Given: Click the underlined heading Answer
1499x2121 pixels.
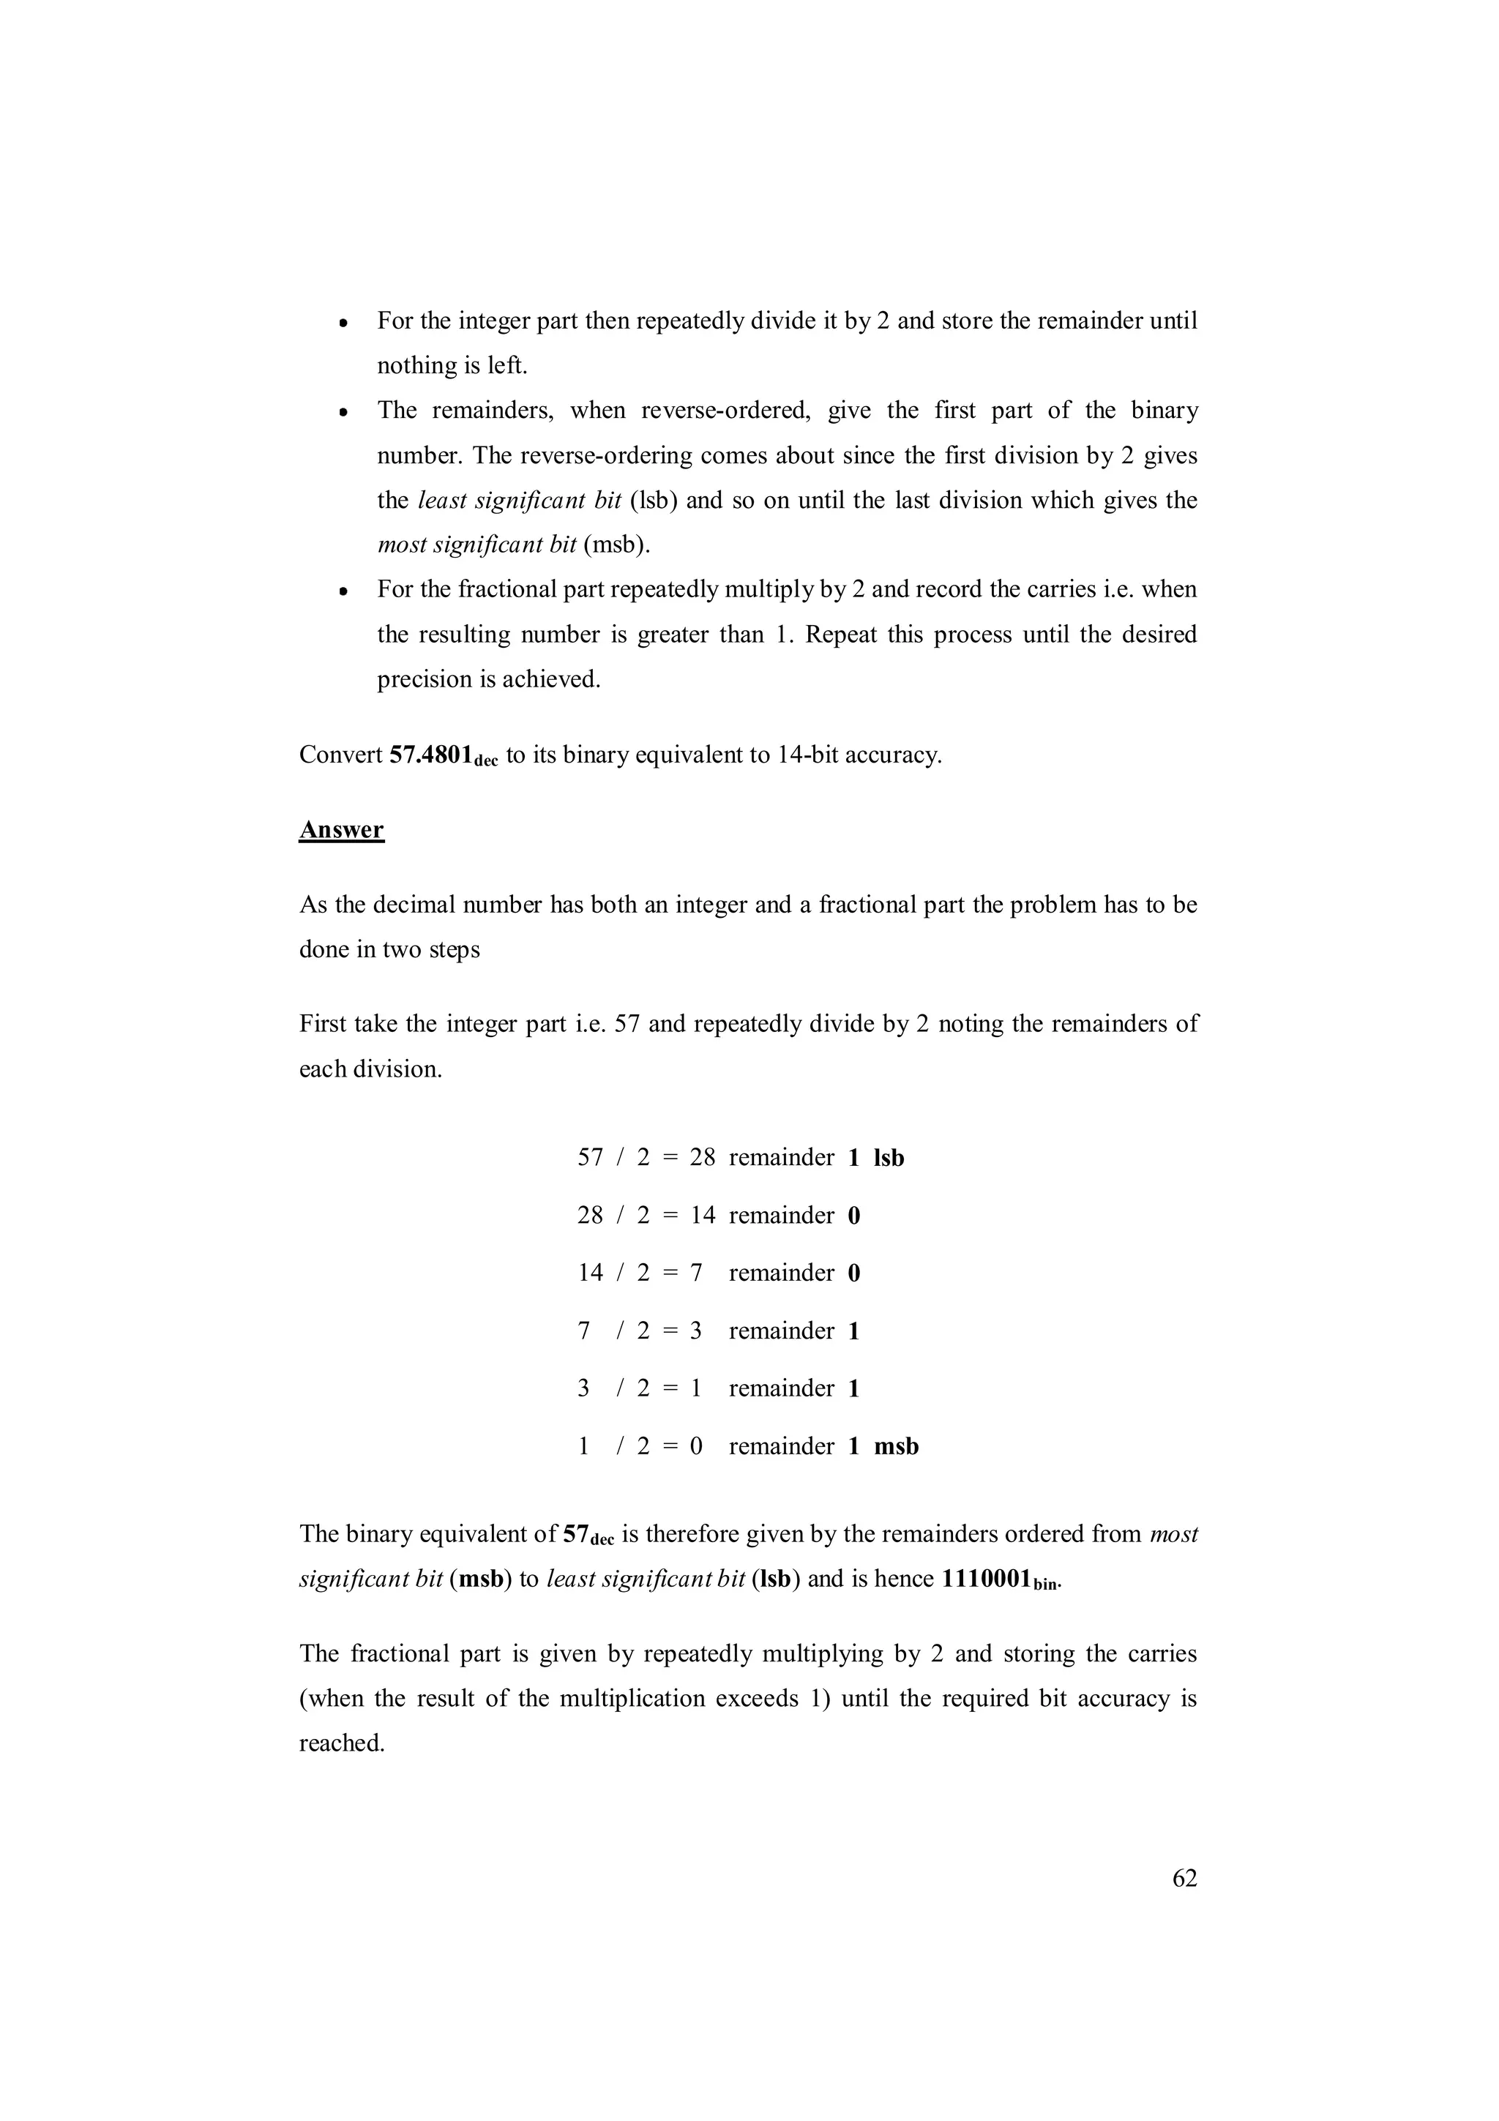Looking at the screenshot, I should click(341, 829).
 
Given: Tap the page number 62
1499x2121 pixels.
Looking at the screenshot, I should click(1184, 1878).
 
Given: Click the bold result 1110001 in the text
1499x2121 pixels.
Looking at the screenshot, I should click(985, 1579).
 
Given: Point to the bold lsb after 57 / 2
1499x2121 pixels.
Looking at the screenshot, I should click(889, 1158).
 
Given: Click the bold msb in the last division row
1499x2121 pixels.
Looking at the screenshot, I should click(896, 1447).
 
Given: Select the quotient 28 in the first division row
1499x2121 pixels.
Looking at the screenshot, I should click(702, 1158).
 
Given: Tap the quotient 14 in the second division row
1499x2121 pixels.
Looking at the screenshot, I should click(702, 1216).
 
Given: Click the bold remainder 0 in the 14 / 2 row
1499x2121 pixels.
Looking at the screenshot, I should click(853, 1273).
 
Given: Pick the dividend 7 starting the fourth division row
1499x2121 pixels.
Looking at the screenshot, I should click(583, 1331).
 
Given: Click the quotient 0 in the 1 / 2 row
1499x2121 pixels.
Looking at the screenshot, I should click(696, 1447).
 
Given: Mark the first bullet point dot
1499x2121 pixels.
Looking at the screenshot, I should click(342, 324).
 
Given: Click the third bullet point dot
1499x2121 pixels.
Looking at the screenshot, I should click(342, 592).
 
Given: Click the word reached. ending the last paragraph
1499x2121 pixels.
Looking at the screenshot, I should click(342, 1743).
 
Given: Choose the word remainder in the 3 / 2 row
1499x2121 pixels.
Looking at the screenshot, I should click(782, 1388).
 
